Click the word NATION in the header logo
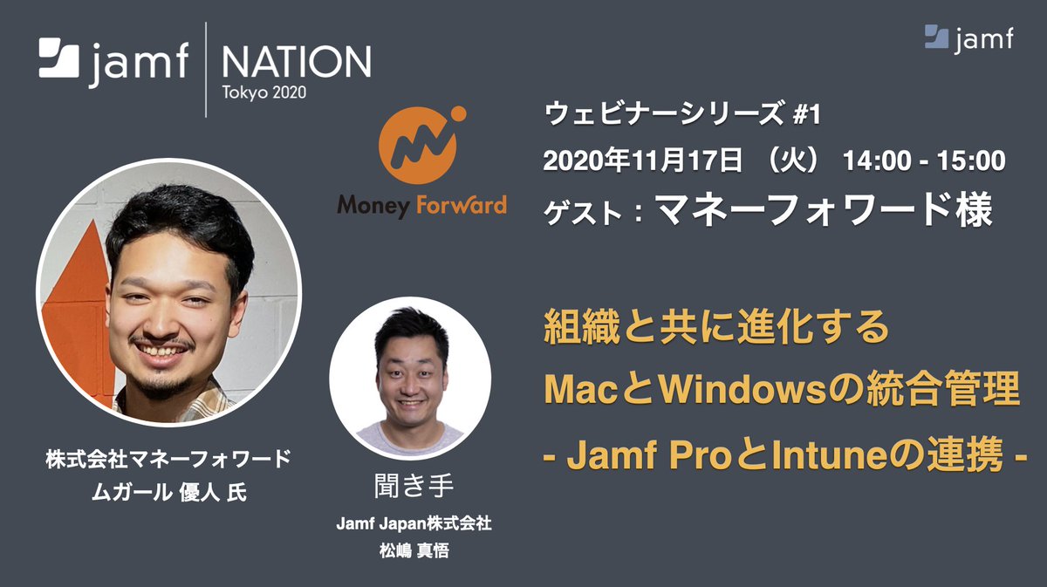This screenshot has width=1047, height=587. pos(296,62)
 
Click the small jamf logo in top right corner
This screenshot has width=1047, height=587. pos(968,38)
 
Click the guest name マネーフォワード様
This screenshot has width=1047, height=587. pos(824,209)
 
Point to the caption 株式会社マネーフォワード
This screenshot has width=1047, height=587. pos(168,461)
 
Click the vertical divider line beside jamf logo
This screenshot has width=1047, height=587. pos(206,70)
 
